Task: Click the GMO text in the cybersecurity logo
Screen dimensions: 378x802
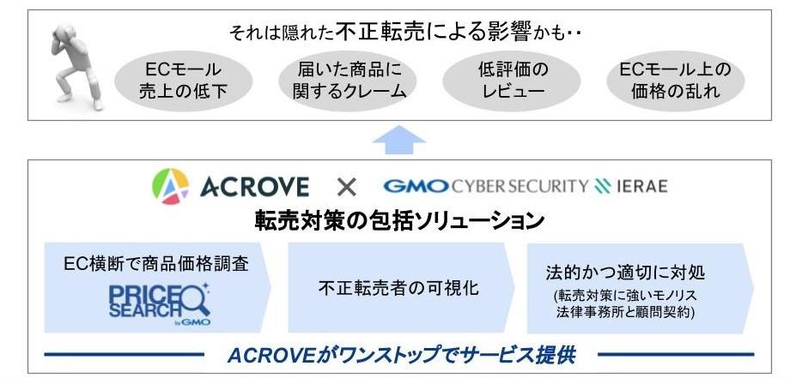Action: pos(416,186)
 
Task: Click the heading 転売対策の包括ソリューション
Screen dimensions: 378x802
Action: pos(400,220)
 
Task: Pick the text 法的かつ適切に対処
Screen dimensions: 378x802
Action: pos(625,273)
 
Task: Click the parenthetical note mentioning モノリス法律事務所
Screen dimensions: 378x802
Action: pos(625,303)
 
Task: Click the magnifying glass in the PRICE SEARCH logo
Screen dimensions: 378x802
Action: pos(194,297)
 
